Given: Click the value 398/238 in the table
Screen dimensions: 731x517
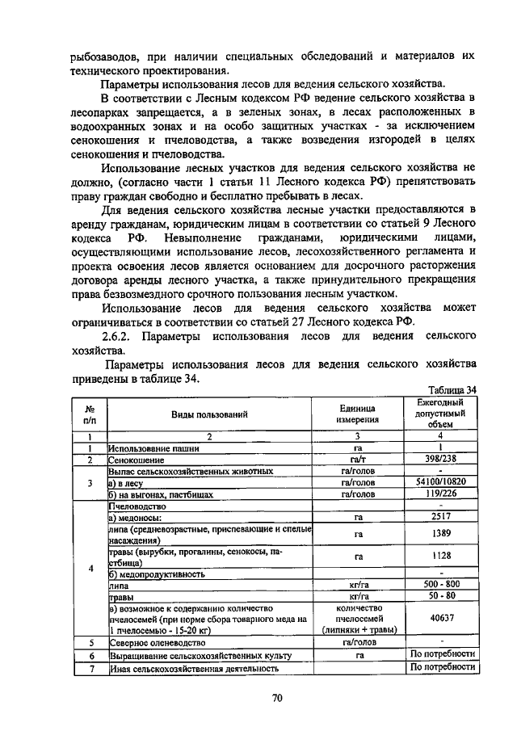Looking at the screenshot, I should pos(440,459).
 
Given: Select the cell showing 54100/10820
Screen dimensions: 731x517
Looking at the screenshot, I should pos(440,481).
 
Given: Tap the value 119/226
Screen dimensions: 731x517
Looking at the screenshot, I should pos(440,493).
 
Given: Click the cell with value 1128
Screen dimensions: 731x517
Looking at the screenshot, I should pos(440,556).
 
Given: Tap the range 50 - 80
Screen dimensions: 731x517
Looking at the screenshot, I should pos(440,596).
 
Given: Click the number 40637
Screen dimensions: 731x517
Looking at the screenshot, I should pos(440,618).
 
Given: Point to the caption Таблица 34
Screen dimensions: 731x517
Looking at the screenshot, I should pos(453,389).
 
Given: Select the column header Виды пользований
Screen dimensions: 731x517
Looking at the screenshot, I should pos(208,414).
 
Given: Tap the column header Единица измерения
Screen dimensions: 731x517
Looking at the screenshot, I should pos(358,414).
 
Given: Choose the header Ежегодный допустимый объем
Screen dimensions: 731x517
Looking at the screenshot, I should pos(440,413).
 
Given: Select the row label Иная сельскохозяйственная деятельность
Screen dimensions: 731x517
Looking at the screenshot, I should pos(194,668).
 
